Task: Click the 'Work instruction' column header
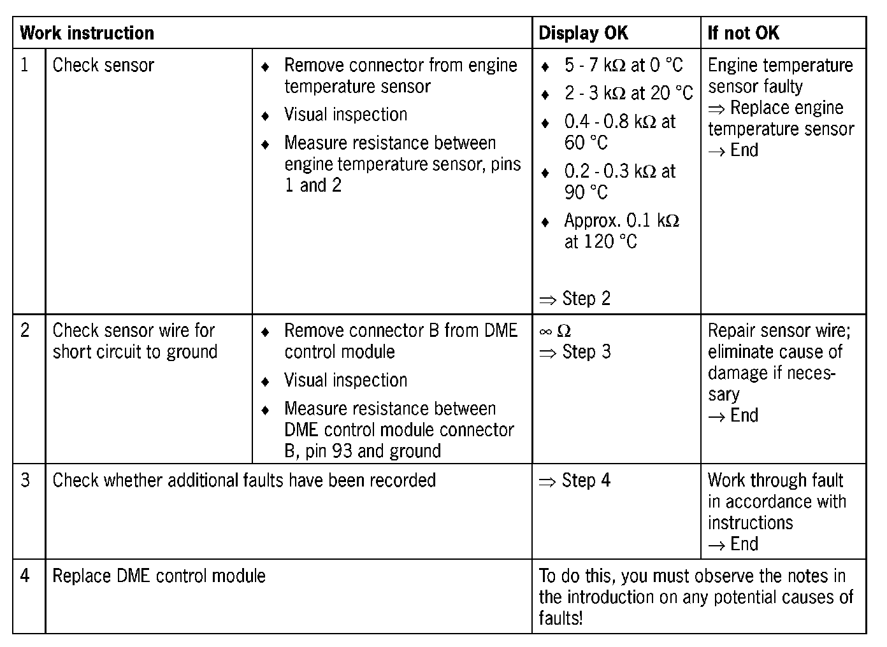(87, 33)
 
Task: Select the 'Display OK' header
(583, 33)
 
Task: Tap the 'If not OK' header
(743, 33)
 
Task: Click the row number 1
(25, 65)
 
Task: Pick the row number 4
(25, 576)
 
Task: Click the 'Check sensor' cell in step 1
(103, 65)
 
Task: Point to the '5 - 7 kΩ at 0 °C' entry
(623, 65)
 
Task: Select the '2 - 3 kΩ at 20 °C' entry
(628, 94)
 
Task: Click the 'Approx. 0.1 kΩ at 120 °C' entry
(621, 231)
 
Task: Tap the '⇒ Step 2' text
(575, 299)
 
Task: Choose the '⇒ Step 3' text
(575, 352)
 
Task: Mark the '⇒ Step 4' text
(575, 480)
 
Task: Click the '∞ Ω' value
(555, 331)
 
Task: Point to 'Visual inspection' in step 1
(345, 115)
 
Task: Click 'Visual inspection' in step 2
(345, 380)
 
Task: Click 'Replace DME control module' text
(159, 576)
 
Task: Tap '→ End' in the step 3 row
(733, 544)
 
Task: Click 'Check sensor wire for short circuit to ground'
(135, 341)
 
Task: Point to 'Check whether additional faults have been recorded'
(244, 480)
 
